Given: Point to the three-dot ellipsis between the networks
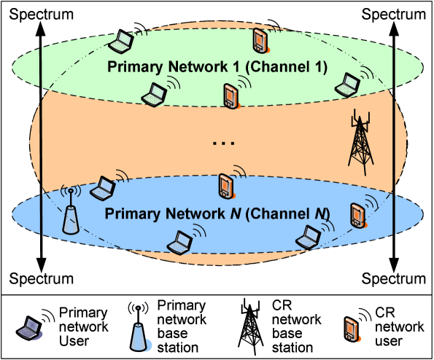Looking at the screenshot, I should [222, 144].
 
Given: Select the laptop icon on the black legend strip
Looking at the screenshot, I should [31, 329].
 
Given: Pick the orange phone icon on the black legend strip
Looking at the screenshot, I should [351, 329].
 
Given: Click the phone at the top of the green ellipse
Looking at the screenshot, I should [259, 39].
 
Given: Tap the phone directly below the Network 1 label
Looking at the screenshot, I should [230, 96].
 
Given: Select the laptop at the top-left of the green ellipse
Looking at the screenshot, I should [120, 43].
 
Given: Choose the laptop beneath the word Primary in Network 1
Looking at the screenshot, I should [154, 94].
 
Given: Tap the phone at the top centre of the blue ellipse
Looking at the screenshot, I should [225, 187].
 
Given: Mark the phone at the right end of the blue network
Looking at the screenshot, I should [357, 215].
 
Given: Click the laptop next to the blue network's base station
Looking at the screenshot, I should [102, 189].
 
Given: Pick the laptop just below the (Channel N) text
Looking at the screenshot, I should [309, 235].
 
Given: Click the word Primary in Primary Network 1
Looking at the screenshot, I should [132, 67].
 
